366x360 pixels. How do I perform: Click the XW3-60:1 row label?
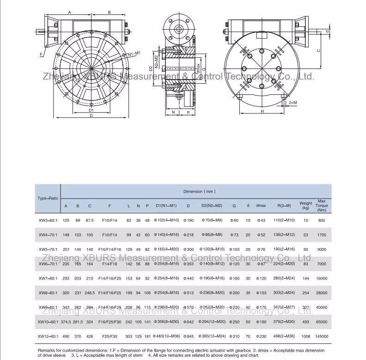point(48,221)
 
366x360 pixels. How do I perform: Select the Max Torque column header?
point(322,205)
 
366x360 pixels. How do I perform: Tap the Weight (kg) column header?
point(305,205)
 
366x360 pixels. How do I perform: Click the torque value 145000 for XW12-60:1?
point(322,336)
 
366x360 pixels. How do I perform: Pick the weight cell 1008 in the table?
point(305,336)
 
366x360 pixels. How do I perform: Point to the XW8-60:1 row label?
point(48,293)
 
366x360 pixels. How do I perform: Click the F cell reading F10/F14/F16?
point(110,249)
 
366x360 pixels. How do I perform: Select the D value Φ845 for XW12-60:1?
point(188,336)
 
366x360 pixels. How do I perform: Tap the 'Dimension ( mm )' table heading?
point(199,191)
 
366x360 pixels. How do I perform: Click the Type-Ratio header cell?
point(48,198)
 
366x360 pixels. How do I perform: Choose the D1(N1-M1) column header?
point(166,205)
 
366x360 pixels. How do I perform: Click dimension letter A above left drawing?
point(69,12)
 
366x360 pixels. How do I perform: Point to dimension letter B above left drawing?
point(109,12)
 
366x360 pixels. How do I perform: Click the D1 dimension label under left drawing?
point(91,110)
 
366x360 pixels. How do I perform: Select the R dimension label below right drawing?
point(262,112)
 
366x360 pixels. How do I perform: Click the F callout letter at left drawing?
point(41,54)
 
